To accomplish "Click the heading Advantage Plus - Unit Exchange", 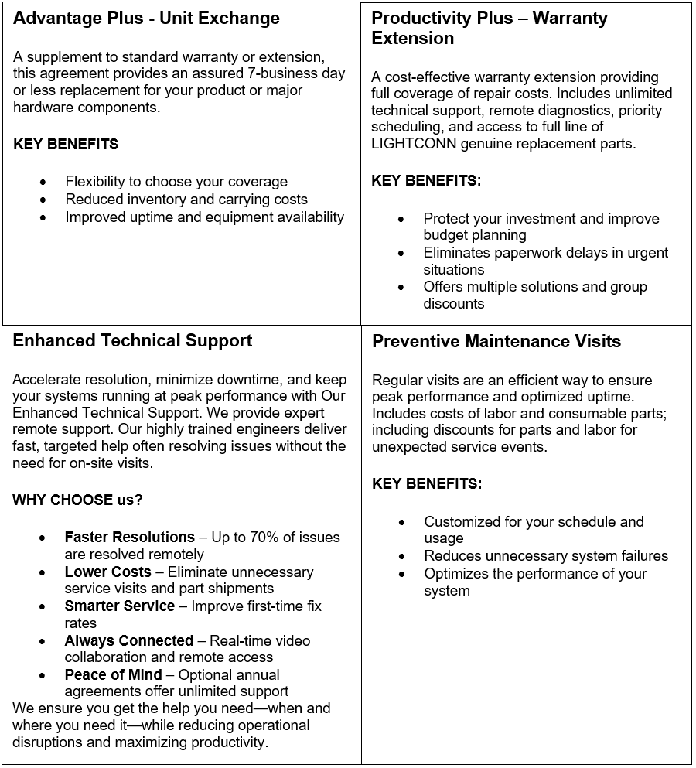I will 146,19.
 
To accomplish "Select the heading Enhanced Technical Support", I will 132,340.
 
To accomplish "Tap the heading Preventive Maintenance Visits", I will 496,342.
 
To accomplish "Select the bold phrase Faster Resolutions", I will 129,537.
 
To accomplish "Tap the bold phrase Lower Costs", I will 107,572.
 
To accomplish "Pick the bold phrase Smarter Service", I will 119,606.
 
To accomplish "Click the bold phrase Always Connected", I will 128,640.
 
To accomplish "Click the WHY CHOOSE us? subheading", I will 77,500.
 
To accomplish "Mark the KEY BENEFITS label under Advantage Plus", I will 66,144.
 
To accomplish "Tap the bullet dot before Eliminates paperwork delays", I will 401,254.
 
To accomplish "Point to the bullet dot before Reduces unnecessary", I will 402,556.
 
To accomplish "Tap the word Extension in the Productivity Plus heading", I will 413,39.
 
